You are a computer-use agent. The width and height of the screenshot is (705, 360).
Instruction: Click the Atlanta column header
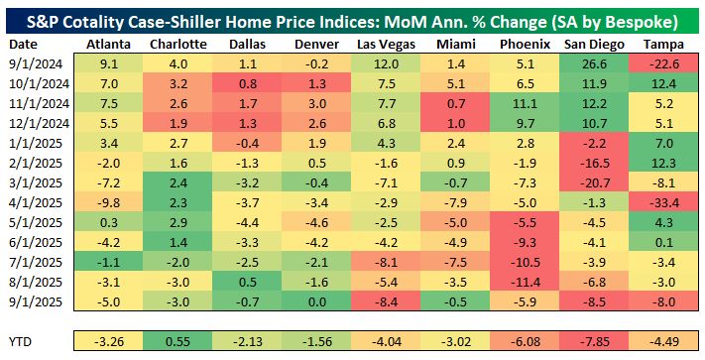pyautogui.click(x=109, y=45)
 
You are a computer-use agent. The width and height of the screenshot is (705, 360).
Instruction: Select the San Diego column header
pyautogui.click(x=595, y=45)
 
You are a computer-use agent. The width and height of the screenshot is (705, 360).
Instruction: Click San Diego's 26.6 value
pyautogui.click(x=596, y=64)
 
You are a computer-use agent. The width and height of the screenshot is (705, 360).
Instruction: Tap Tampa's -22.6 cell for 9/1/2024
pyautogui.click(x=666, y=64)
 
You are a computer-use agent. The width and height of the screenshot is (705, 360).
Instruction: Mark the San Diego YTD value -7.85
pyautogui.click(x=596, y=342)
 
